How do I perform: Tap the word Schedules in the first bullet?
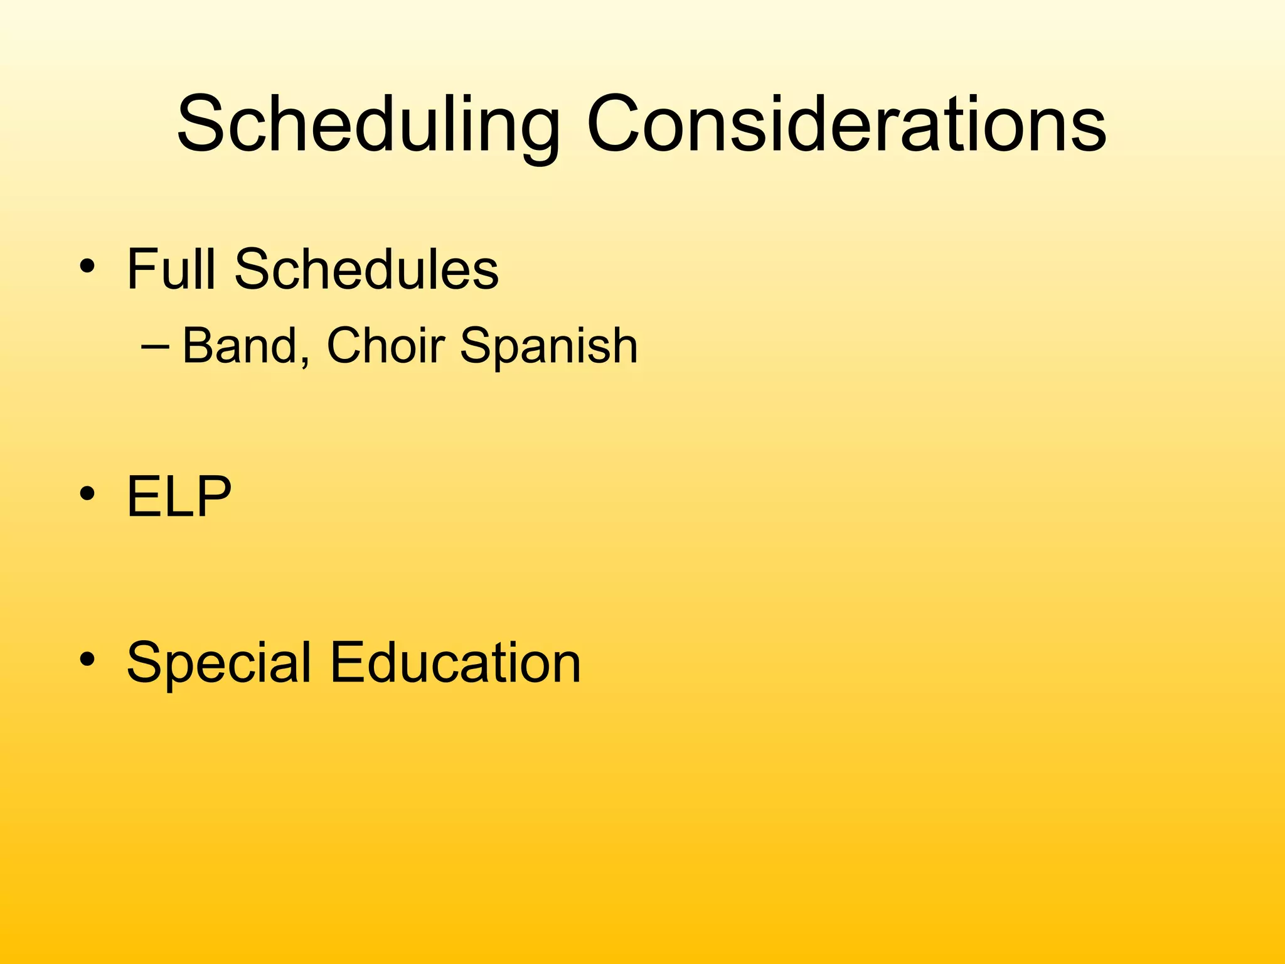[x=366, y=269]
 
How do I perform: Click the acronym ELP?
[x=179, y=496]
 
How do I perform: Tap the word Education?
[x=456, y=663]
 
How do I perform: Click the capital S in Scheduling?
[x=201, y=124]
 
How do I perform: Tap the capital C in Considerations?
[x=616, y=124]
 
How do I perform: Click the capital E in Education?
[x=347, y=663]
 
